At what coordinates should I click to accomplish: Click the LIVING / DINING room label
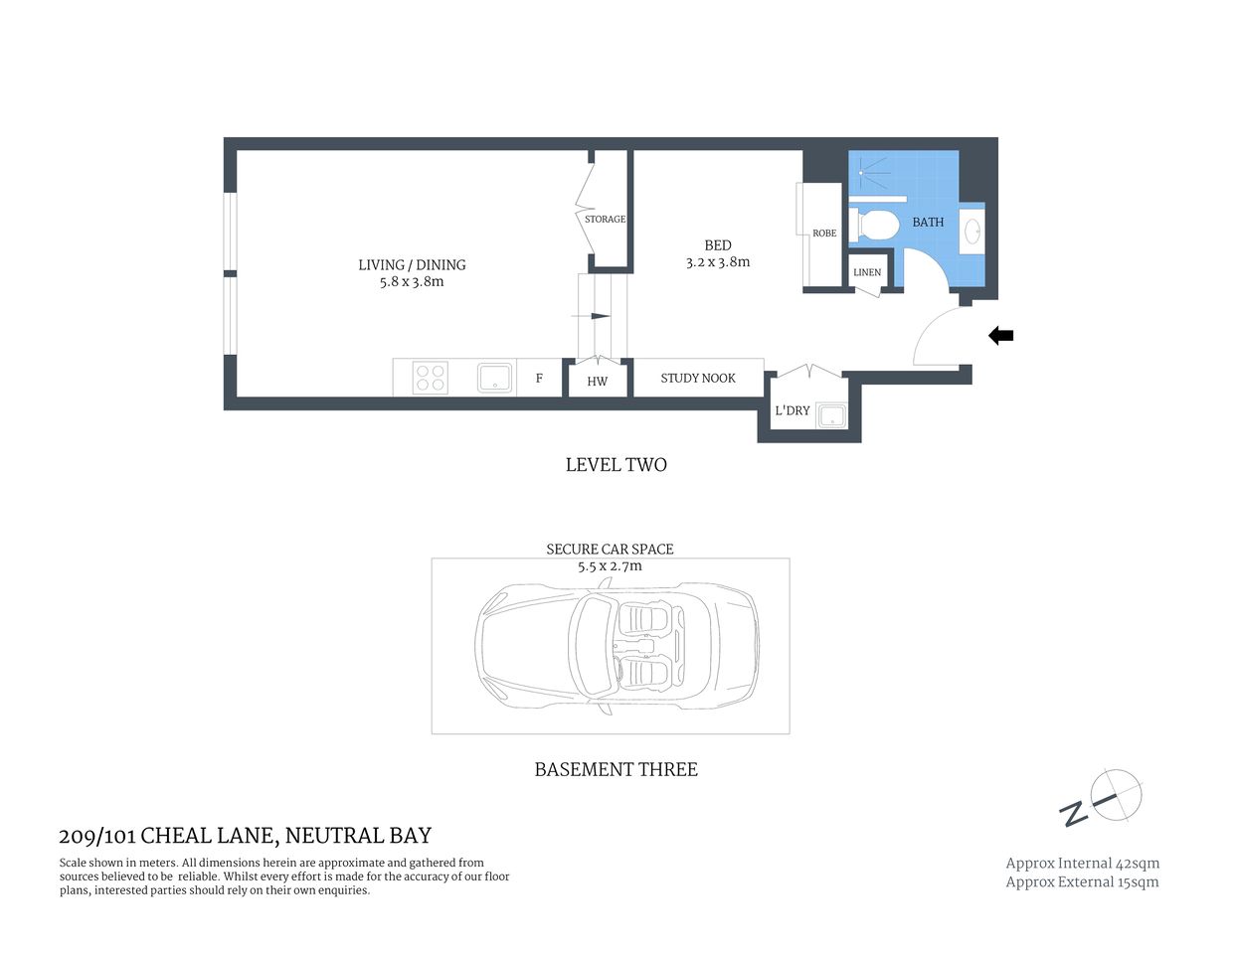click(x=412, y=265)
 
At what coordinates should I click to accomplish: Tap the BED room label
click(x=718, y=245)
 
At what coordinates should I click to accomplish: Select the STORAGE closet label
click(x=605, y=220)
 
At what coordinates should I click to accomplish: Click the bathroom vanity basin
click(x=972, y=233)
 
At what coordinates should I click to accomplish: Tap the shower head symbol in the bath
click(x=861, y=173)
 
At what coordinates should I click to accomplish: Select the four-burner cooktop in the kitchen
click(x=431, y=379)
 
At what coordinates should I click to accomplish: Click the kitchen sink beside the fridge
click(x=494, y=379)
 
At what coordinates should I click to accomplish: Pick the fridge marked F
click(x=540, y=379)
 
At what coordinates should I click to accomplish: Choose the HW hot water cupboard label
click(x=597, y=382)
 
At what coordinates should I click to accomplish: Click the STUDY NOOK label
click(x=698, y=379)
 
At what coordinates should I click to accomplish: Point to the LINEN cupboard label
click(x=867, y=272)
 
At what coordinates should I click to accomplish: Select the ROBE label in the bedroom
click(x=824, y=234)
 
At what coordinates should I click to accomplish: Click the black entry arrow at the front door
click(x=1000, y=336)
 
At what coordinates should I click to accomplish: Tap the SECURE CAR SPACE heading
click(x=610, y=549)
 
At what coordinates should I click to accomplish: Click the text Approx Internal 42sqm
click(x=1082, y=864)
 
